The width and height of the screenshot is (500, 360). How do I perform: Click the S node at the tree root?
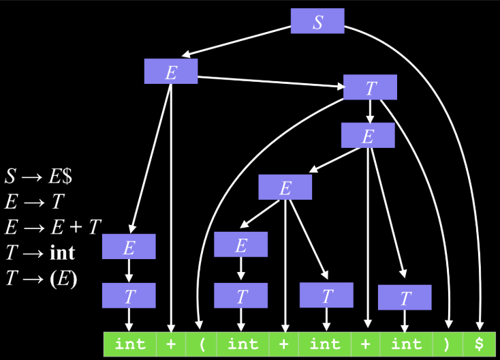tap(317, 21)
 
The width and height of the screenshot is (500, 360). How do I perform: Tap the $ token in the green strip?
tap(479, 344)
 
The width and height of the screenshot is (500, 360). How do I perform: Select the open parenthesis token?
tap(201, 344)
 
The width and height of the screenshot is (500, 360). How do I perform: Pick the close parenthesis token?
tap(448, 344)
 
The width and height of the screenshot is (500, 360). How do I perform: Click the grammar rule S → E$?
tap(39, 176)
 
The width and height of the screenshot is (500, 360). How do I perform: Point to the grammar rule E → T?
tap(35, 202)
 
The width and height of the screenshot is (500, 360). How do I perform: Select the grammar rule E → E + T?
tap(53, 227)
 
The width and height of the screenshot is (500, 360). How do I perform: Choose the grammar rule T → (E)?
tap(42, 278)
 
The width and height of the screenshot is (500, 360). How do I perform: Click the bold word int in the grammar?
tap(63, 253)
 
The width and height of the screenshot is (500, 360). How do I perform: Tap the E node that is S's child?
tap(171, 71)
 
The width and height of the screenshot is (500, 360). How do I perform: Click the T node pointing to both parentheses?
tap(370, 87)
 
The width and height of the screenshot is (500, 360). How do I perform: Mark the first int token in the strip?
tap(130, 344)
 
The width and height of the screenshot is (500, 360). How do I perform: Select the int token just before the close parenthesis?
tap(406, 344)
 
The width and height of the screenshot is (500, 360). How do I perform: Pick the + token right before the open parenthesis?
tap(171, 344)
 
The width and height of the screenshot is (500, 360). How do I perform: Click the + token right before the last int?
tap(365, 344)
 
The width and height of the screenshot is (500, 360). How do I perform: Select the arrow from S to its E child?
tap(236, 42)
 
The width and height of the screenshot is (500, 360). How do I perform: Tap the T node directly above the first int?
tap(129, 295)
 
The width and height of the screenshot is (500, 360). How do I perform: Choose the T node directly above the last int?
tap(405, 297)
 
